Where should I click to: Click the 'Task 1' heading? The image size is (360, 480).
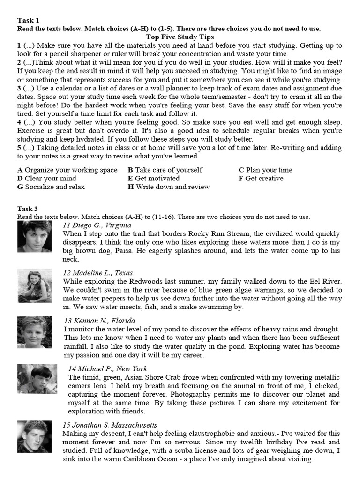(x=28, y=20)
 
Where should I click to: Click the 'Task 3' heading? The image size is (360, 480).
(x=28, y=209)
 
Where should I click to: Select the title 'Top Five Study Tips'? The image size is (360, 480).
(x=180, y=37)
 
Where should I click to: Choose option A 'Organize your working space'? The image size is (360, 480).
(x=67, y=170)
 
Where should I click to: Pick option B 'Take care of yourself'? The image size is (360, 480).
(x=165, y=170)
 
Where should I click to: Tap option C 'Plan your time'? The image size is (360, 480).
(x=265, y=170)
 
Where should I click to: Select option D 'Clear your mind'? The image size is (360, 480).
(x=46, y=179)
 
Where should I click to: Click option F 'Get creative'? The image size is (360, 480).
(x=261, y=179)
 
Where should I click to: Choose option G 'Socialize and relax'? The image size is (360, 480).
(x=51, y=187)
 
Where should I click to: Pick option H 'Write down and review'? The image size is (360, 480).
(x=169, y=187)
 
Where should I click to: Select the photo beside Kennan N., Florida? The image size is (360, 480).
(x=35, y=332)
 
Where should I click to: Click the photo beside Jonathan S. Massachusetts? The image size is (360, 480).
(x=35, y=437)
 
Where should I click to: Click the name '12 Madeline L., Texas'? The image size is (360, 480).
(x=98, y=273)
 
